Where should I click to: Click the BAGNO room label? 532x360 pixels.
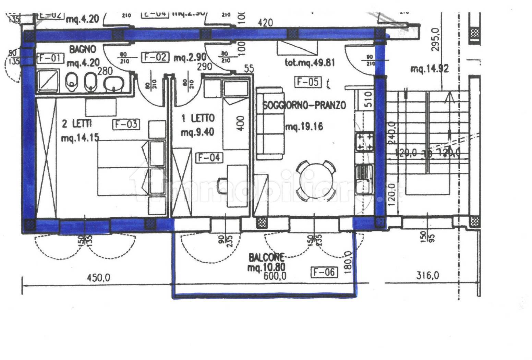click(x=83, y=49)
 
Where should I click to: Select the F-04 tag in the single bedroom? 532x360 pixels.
click(x=209, y=158)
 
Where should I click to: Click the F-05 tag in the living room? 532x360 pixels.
click(x=308, y=82)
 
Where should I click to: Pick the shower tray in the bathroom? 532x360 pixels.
click(x=47, y=82)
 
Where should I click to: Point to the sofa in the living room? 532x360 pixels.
click(x=270, y=123)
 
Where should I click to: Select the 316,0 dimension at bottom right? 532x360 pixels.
click(x=427, y=275)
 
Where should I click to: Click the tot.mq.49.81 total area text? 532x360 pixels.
click(x=310, y=63)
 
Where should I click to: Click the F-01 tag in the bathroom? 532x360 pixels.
click(x=50, y=58)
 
